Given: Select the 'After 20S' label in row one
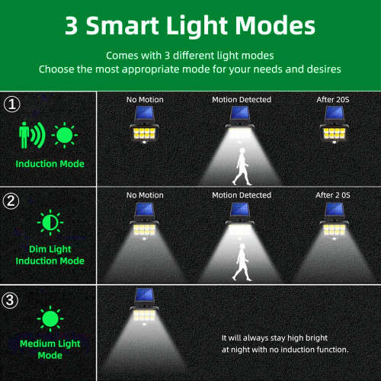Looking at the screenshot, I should pyautogui.click(x=332, y=99).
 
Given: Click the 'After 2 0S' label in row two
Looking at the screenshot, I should pyautogui.click(x=332, y=196).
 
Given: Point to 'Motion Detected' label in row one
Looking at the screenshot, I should pyautogui.click(x=242, y=99).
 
